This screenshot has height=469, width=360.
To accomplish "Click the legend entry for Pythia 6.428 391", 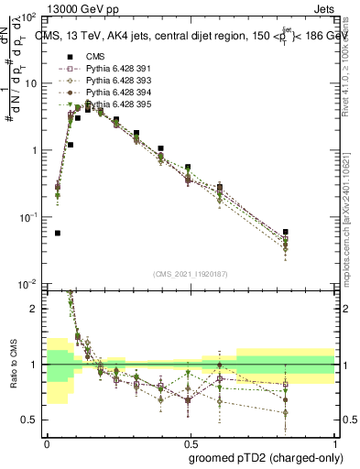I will tap(115, 69).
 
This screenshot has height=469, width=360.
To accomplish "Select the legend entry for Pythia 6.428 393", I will tap(115, 81).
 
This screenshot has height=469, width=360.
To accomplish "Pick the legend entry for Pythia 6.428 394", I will tap(115, 93).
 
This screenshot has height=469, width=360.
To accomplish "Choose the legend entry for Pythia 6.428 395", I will tap(115, 104).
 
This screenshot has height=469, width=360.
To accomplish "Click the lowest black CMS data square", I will tap(58, 233).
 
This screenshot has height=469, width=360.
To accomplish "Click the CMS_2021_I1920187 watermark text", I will tap(189, 272).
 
